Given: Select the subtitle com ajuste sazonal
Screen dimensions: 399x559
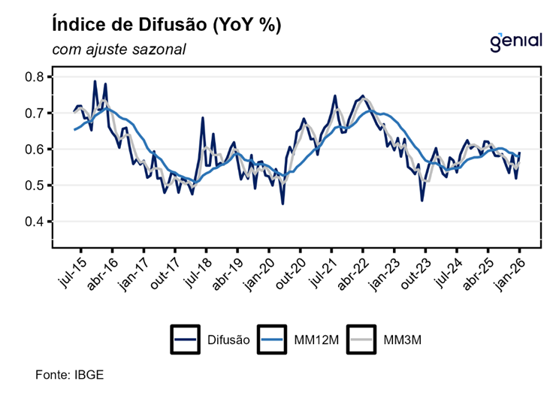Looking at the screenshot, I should [119, 50].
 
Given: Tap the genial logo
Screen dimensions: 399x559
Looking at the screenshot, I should [515, 41].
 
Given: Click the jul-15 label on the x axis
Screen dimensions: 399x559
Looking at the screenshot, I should [70, 270].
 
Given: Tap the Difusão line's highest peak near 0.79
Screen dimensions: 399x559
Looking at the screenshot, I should [95, 81].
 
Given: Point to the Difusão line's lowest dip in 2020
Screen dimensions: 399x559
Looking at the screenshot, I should [283, 203].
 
